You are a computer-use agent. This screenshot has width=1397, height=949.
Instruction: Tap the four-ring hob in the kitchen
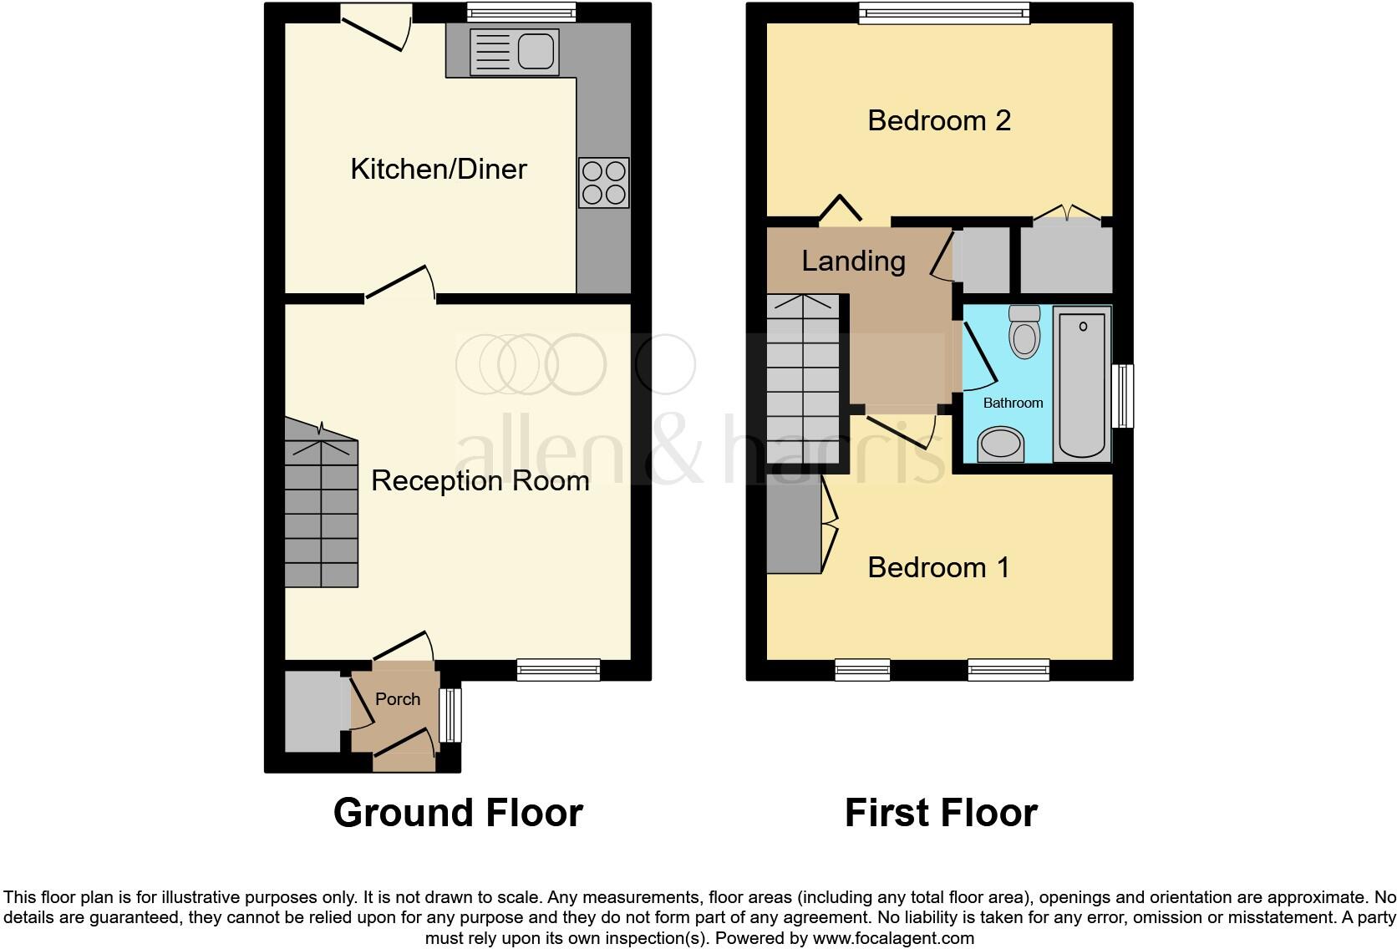604,183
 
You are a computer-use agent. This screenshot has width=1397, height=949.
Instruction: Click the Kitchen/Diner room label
439,169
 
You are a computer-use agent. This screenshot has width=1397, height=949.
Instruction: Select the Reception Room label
480,480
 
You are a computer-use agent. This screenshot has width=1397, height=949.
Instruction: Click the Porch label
398,699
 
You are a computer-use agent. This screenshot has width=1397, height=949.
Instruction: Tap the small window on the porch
450,715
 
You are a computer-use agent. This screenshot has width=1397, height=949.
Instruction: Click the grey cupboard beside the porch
312,711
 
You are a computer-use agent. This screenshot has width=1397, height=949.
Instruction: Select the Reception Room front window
558,669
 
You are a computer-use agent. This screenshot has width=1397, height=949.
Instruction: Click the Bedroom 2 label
939,120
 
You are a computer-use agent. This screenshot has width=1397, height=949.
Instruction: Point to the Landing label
853,261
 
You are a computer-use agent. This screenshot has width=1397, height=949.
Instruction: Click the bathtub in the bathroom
1082,383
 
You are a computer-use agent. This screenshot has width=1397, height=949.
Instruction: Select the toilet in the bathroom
1024,332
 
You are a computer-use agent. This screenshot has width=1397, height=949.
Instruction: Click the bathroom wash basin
1001,444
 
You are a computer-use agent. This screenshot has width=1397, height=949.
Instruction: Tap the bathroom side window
1125,396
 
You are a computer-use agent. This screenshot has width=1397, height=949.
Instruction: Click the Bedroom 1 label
939,567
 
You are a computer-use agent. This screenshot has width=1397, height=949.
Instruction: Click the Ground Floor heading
458,813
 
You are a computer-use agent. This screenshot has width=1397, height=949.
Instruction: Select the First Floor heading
941,813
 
